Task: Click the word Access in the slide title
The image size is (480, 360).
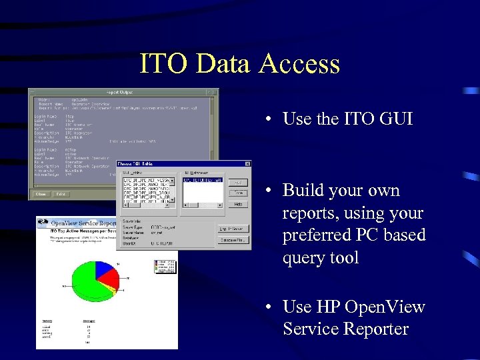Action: (x=299, y=64)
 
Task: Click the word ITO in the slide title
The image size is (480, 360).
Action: (x=159, y=64)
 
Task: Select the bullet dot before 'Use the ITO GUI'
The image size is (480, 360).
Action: (x=267, y=120)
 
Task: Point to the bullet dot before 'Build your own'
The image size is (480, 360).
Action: (x=267, y=191)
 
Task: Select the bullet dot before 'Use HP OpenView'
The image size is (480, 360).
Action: (x=267, y=308)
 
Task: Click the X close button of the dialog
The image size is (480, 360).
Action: (x=248, y=164)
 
